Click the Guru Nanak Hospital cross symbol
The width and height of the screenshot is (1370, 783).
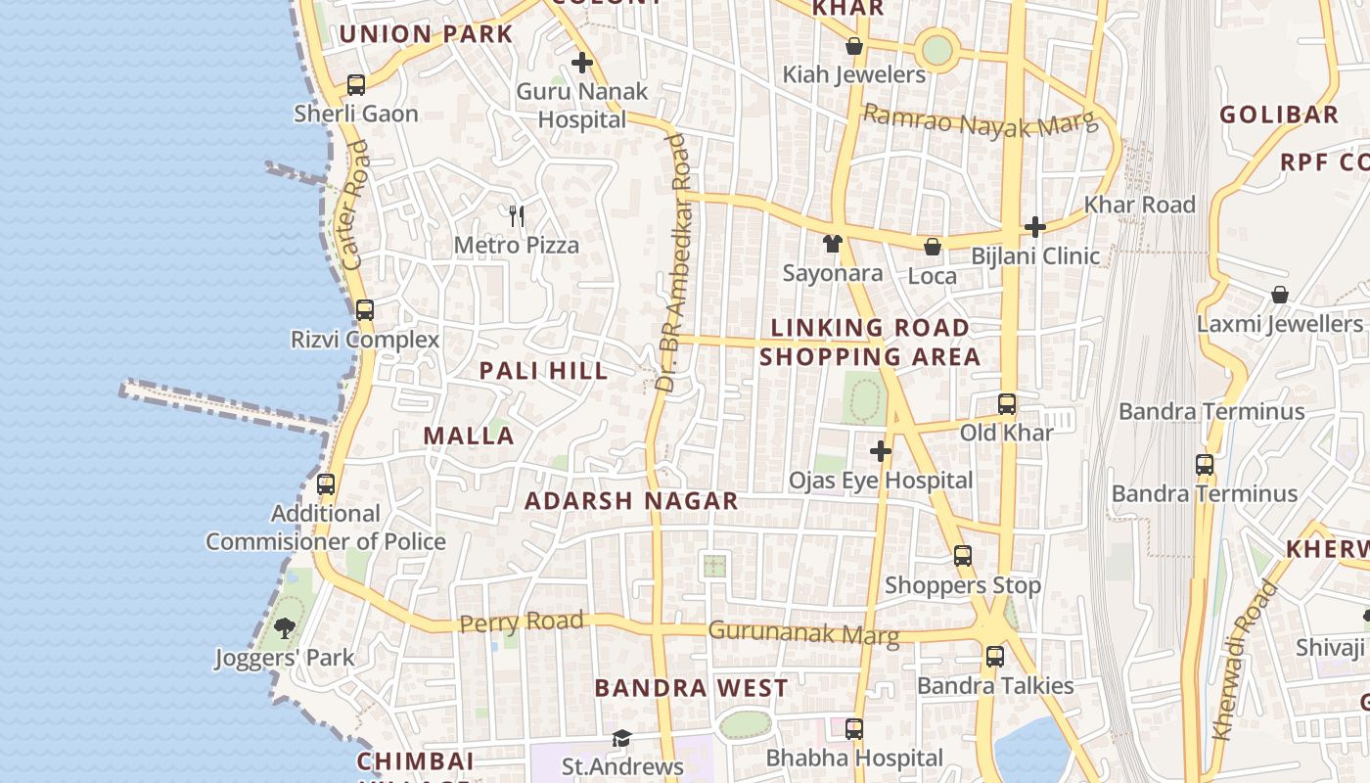pos(582,64)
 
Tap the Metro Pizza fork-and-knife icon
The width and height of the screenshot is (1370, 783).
pos(517,215)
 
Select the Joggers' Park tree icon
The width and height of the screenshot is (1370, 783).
pos(285,627)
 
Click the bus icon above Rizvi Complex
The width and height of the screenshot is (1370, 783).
pos(364,310)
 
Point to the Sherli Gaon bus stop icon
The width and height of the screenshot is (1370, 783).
pos(356,85)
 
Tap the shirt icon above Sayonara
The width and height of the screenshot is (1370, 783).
pos(833,244)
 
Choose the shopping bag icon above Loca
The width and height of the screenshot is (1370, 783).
pos(933,247)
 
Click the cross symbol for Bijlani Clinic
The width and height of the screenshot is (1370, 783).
pos(1035,227)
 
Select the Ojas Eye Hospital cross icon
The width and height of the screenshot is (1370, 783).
pos(881,451)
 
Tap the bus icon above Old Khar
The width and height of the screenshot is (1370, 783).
pos(1006,403)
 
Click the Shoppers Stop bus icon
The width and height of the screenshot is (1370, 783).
pos(963,556)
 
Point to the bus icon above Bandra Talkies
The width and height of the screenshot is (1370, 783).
pos(995,656)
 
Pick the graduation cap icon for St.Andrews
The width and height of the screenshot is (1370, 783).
pos(621,738)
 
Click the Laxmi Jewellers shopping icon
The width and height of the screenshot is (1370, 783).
pos(1279,295)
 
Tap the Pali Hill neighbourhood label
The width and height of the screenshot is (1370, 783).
pos(543,371)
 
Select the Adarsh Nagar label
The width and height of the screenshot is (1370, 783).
pos(631,501)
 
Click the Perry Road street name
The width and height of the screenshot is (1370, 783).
pos(522,622)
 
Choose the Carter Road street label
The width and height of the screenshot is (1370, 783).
pos(357,205)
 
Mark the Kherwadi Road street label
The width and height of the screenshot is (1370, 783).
pos(1245,661)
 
